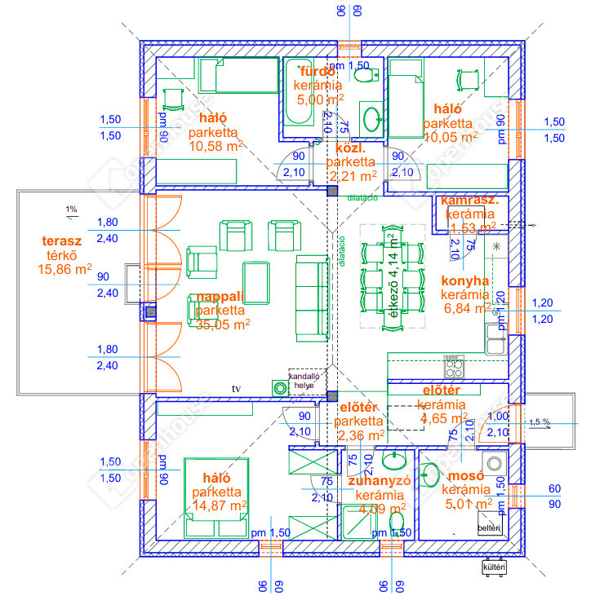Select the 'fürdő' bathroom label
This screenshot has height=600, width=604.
click(x=318, y=71)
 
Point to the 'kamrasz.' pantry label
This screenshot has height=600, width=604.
click(x=470, y=200)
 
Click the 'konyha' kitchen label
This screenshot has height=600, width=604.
click(x=464, y=280)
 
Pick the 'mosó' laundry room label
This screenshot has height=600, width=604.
click(x=465, y=475)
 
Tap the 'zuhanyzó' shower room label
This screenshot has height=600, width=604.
click(x=378, y=480)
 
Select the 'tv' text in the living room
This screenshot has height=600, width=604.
click(x=238, y=388)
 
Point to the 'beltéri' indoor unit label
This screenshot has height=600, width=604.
click(x=489, y=528)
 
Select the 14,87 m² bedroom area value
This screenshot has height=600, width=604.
click(x=217, y=506)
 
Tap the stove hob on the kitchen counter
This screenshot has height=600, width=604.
click(x=454, y=364)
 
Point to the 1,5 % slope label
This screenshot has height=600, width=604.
click(x=539, y=421)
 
